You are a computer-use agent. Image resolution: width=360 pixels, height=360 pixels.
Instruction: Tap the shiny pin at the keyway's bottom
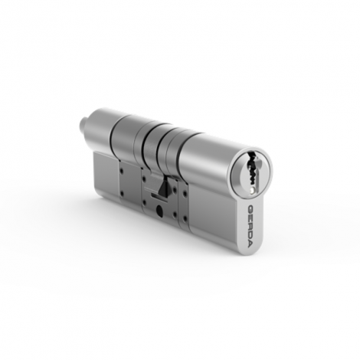point(253,190)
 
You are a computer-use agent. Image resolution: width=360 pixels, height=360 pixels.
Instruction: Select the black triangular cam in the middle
point(163,186)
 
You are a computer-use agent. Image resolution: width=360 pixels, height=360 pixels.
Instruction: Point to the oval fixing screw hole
point(159,211)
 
